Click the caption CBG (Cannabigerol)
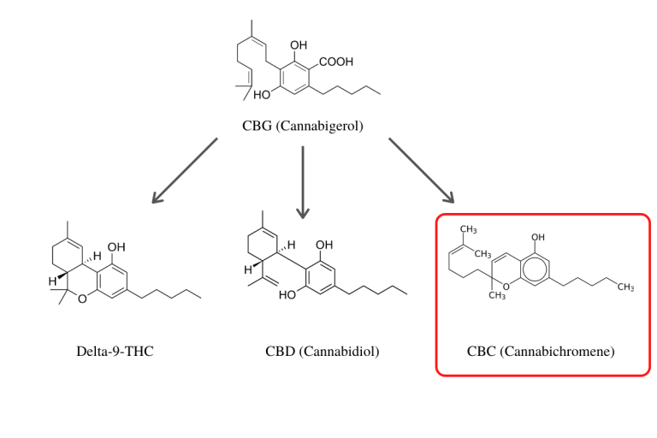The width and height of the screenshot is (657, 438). (x=303, y=127)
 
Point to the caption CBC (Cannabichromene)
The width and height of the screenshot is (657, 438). (x=541, y=352)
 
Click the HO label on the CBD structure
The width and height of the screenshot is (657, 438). (x=287, y=293)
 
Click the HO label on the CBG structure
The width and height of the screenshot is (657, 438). (x=262, y=94)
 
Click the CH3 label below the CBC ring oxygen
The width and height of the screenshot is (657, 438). (x=498, y=296)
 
